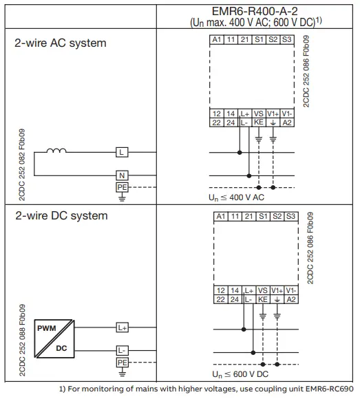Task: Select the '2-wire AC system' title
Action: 61,43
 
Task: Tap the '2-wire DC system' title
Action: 61,215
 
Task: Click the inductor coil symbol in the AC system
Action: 56,151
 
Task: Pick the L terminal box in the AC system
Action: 121,152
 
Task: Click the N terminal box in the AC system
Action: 121,175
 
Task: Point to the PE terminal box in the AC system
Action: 121,186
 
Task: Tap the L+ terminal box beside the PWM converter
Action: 122,327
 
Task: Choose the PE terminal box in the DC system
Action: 122,362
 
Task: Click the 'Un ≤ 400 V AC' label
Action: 237,197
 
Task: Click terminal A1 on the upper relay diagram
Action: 217,40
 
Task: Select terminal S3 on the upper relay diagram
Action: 287,40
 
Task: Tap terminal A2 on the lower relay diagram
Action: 291,300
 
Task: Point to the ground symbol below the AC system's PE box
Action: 121,197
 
